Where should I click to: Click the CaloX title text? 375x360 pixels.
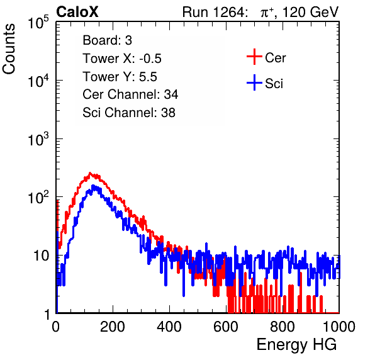point(77,12)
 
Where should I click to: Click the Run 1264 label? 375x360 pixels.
point(213,12)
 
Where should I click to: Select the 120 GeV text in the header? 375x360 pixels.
point(310,12)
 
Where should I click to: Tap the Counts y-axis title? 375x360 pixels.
point(9,49)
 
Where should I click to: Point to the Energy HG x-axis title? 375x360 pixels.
point(296,344)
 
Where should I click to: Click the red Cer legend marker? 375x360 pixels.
point(254,57)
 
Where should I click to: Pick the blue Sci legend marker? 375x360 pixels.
point(254,83)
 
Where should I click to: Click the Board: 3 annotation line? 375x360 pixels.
point(107,40)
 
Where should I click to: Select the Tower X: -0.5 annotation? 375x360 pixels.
point(122,59)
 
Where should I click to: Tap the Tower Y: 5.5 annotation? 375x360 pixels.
point(120,77)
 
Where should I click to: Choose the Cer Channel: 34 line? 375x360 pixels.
point(130,94)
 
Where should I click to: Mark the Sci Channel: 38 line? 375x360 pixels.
point(129,113)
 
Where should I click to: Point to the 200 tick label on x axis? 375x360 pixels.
point(113,327)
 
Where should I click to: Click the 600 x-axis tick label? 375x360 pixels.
point(226,327)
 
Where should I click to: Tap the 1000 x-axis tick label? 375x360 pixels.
point(339,327)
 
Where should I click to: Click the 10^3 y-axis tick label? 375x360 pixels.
point(38,139)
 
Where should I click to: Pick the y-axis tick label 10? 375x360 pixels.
point(41,256)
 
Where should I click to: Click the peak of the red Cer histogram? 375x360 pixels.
point(90,172)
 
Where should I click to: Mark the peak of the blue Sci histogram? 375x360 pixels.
point(93,186)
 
